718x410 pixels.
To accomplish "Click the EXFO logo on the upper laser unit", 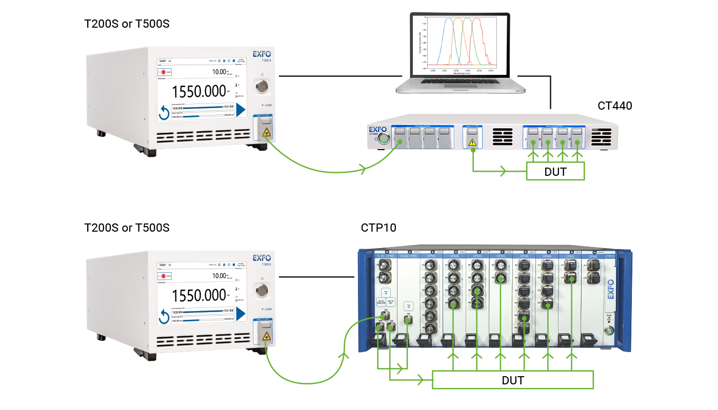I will pyautogui.click(x=262, y=53).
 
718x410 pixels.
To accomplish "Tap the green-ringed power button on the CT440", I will pyautogui.click(x=381, y=138).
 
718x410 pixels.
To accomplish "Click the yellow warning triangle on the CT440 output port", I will pyautogui.click(x=472, y=145).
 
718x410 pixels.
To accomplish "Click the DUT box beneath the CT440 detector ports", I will pyautogui.click(x=555, y=171).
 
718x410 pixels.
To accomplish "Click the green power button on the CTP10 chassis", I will pyautogui.click(x=610, y=331).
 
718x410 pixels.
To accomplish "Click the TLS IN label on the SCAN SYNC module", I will pyautogui.click(x=409, y=306).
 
